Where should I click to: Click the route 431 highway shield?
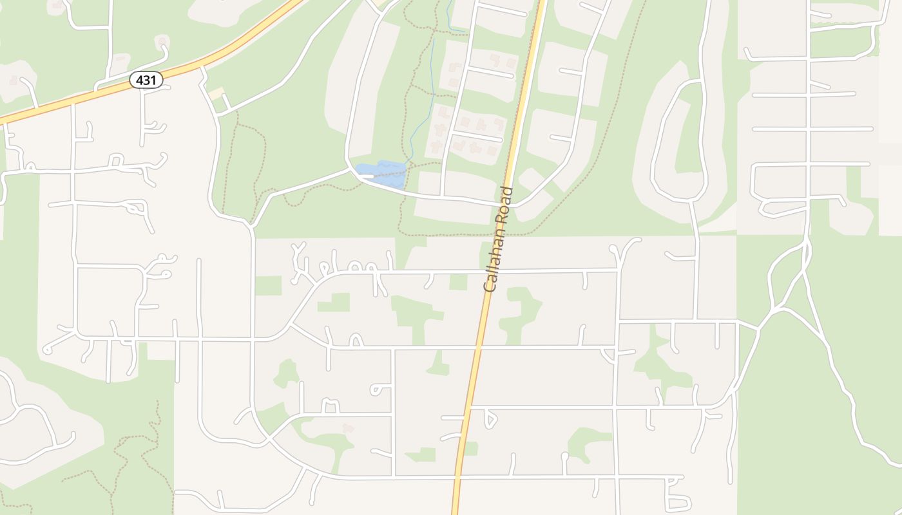[146, 80]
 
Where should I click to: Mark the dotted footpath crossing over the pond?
[387, 170]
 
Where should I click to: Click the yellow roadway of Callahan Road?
[470, 386]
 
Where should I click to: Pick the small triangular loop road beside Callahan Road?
[490, 420]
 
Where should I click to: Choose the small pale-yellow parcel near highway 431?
[216, 93]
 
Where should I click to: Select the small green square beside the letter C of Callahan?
[458, 282]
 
